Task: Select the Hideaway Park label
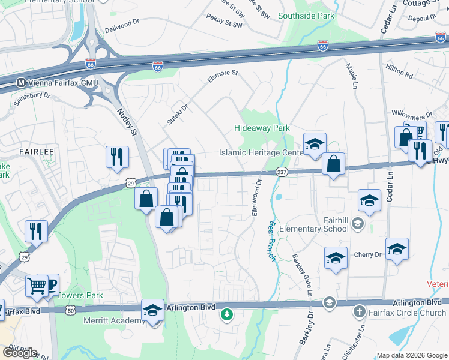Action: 262,128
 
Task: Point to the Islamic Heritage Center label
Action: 261,153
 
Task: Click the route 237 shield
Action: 281,172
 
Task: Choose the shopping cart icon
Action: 37,286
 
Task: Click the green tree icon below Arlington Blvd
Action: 226,314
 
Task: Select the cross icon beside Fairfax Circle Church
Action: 358,312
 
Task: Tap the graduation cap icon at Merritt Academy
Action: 153,310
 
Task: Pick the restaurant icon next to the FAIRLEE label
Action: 117,157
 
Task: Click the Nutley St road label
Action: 128,119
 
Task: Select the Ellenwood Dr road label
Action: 257,198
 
